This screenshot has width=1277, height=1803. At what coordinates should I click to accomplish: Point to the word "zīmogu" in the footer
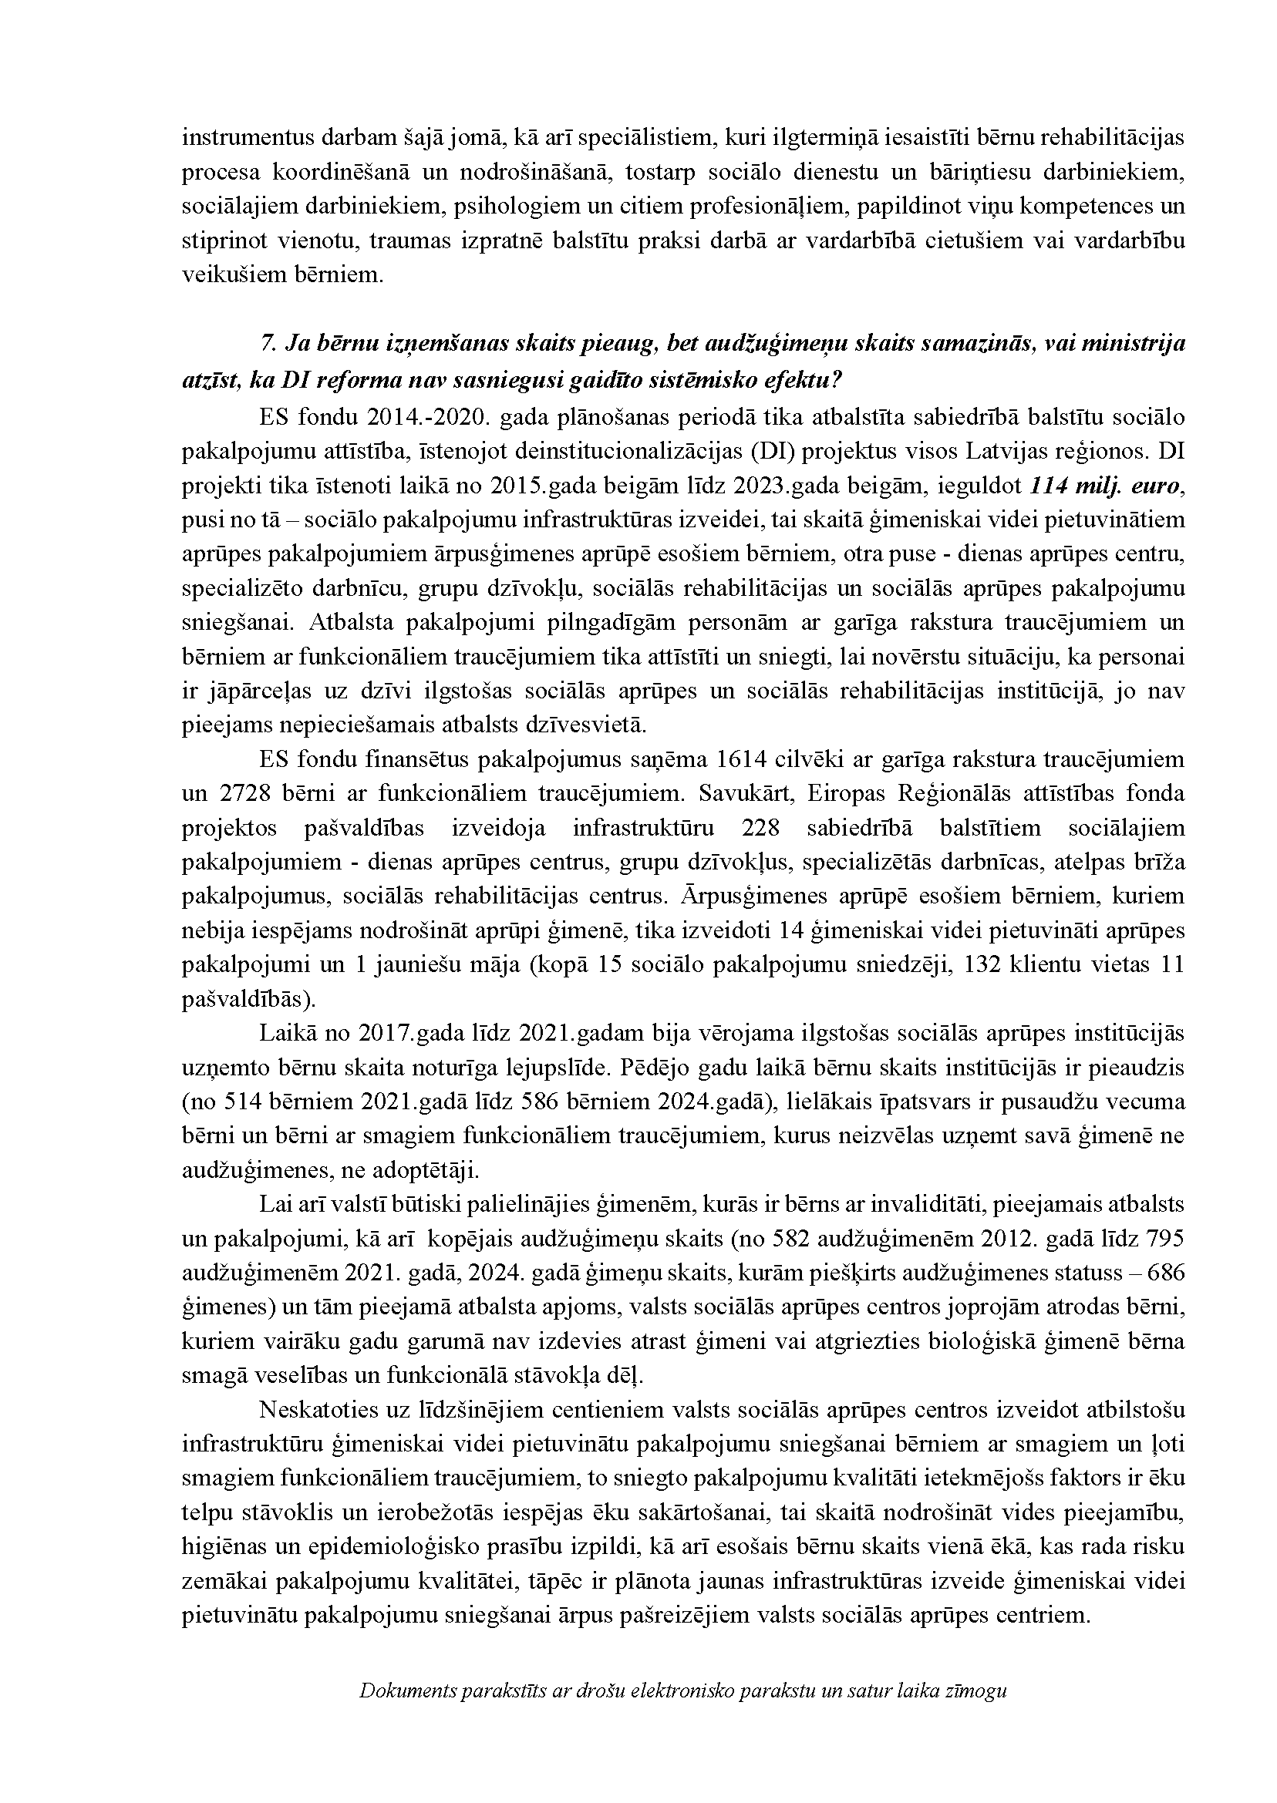[x=979, y=1730]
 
